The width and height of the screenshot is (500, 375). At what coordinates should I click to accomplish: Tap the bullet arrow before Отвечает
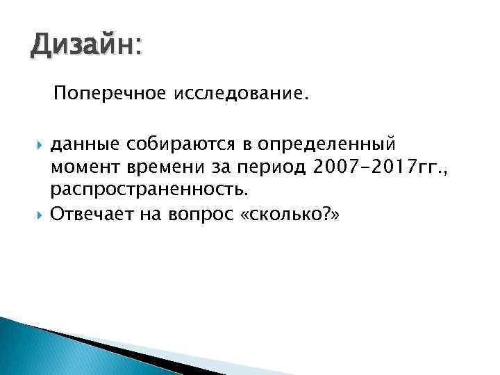(39, 212)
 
